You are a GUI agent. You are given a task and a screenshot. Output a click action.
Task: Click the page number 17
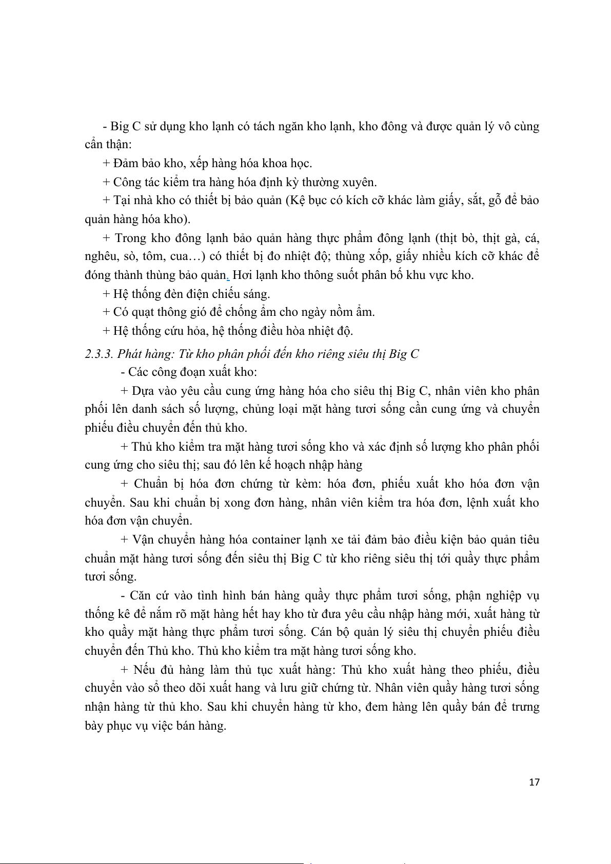click(x=534, y=782)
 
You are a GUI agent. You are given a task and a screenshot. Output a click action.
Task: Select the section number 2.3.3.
click(x=99, y=354)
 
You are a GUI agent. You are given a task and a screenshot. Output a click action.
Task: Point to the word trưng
click(x=525, y=707)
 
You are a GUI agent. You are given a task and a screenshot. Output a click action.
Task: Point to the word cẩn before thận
click(x=94, y=145)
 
